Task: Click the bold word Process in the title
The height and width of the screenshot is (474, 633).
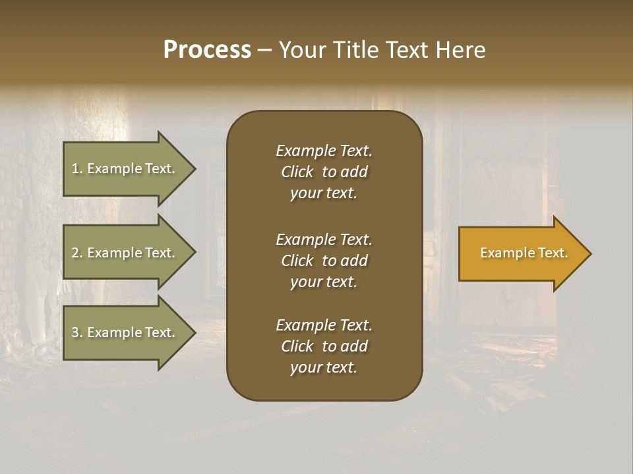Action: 207,50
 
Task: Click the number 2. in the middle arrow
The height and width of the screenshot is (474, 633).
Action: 77,253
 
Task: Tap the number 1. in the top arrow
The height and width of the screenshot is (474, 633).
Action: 77,169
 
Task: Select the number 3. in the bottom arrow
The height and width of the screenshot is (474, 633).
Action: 77,332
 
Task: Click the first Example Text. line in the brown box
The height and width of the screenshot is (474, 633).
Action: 324,151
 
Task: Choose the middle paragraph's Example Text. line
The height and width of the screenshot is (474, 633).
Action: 324,240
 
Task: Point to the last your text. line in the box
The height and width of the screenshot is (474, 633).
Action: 324,368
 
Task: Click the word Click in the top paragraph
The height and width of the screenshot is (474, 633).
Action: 297,172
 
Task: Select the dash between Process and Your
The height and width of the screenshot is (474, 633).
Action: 264,50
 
